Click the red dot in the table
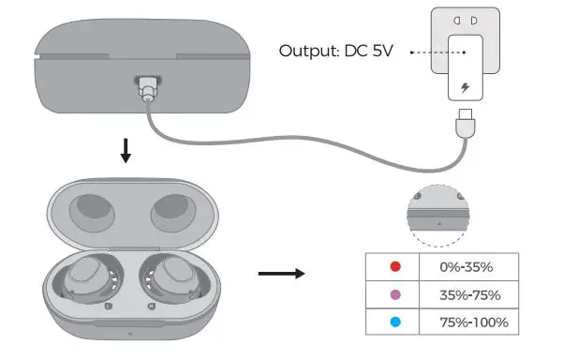pyautogui.click(x=395, y=266)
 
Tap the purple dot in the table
pyautogui.click(x=395, y=294)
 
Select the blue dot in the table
pyautogui.click(x=395, y=322)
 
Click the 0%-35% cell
pyautogui.click(x=469, y=267)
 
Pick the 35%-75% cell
pyautogui.click(x=469, y=294)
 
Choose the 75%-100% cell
pyautogui.click(x=469, y=322)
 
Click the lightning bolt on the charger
pyautogui.click(x=466, y=87)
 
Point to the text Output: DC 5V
pyautogui.click(x=335, y=51)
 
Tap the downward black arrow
pyautogui.click(x=126, y=151)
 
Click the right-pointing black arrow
pyautogui.click(x=281, y=274)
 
